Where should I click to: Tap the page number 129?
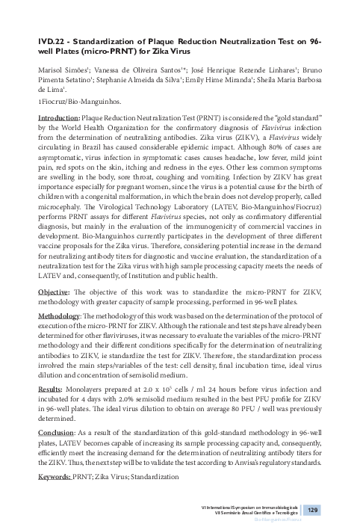pyautogui.click(x=313, y=509)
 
